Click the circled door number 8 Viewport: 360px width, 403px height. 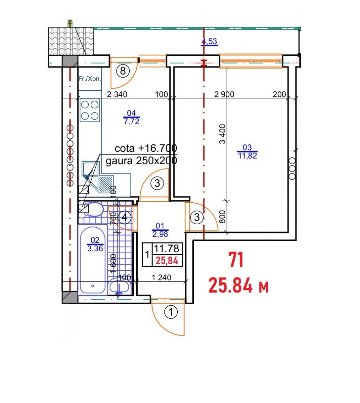123,71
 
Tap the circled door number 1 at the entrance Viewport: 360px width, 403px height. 171,312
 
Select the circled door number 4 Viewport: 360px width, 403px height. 124,217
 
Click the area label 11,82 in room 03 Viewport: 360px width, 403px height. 248,156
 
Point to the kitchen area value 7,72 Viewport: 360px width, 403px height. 131,121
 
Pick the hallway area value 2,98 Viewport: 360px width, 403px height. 160,234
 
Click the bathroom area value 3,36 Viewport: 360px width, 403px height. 95,249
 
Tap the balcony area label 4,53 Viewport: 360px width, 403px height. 209,41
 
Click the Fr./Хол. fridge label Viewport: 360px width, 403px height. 90,79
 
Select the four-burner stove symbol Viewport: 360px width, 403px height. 90,110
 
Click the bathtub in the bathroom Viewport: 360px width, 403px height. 92,261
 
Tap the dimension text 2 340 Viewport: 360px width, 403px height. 117,94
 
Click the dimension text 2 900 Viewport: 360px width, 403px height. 224,94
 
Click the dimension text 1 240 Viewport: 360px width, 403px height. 161,277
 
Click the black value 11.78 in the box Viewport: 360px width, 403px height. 167,249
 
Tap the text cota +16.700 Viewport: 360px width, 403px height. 146,148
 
